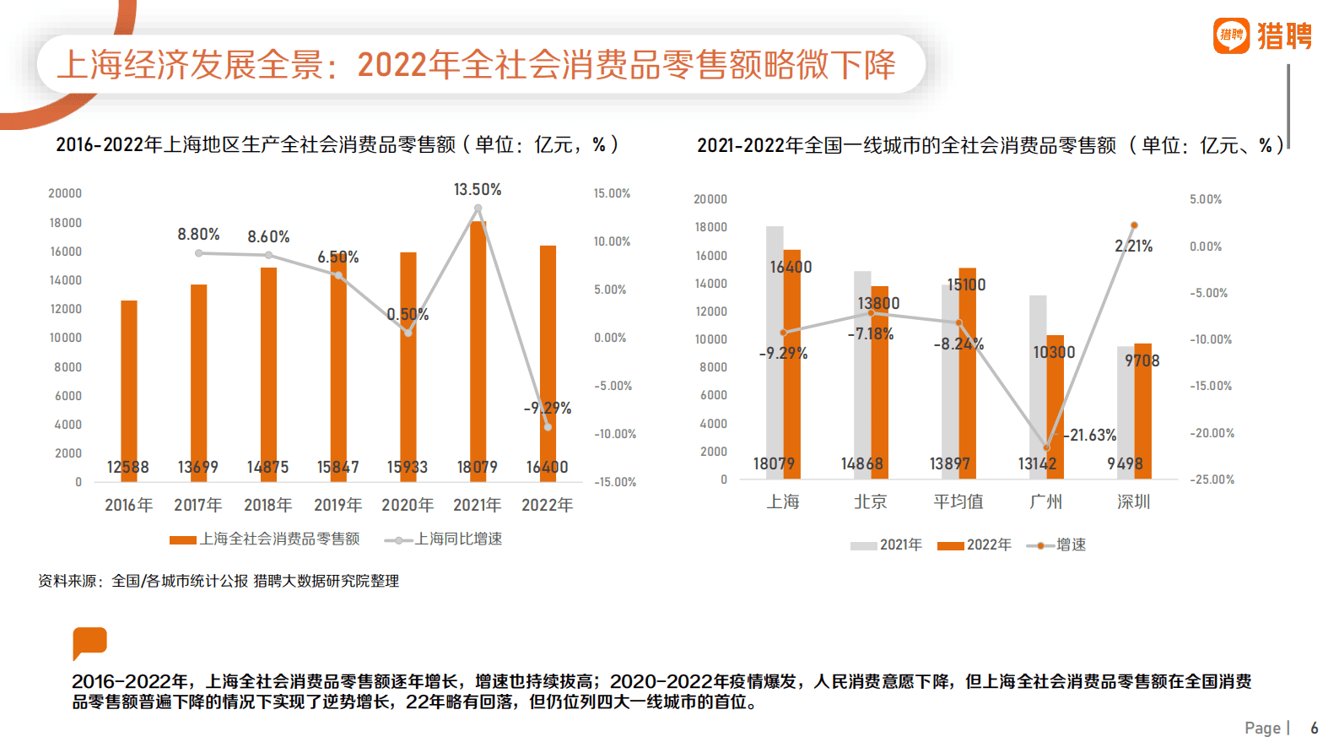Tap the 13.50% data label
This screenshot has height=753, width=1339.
click(478, 190)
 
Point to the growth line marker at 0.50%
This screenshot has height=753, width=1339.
click(408, 333)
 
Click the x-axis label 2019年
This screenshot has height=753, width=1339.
click(337, 505)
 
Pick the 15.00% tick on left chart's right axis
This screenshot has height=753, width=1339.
click(612, 193)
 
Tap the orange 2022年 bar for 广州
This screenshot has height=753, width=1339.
click(1056, 405)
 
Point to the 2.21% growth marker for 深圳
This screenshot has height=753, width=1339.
click(1134, 225)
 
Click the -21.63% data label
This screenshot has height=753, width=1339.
click(1090, 436)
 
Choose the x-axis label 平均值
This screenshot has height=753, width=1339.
click(958, 501)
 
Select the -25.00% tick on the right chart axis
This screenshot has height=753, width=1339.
click(1212, 479)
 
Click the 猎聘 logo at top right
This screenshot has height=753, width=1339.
click(1263, 36)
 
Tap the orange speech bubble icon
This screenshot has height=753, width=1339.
click(89, 642)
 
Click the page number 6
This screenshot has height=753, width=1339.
click(1314, 728)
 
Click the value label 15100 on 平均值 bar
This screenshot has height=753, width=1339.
click(966, 285)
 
